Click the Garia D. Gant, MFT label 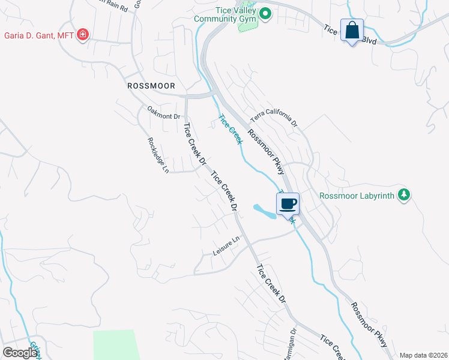point(39,36)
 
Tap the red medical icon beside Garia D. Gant point(83,36)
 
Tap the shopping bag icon point(352,29)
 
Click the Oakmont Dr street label point(164,112)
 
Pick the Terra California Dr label point(274,115)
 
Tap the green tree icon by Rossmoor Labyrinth point(405,194)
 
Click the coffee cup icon point(288,203)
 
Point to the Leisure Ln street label point(226,246)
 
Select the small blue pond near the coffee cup point(264,211)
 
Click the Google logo point(20,353)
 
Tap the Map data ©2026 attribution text point(423,355)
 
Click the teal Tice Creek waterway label point(231,129)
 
